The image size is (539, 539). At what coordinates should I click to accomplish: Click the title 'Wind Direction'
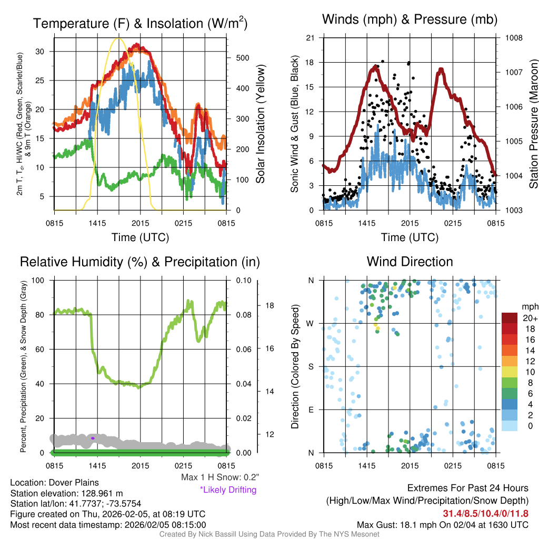point(410,262)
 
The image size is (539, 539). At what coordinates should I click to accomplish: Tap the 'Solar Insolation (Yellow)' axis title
point(261,124)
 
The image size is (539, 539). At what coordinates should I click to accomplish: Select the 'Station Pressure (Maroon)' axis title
point(533,124)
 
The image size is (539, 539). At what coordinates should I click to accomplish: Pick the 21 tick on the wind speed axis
point(311,38)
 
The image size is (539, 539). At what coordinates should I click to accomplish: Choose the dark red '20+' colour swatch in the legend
point(510,318)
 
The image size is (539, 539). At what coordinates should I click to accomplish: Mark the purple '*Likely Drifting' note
point(228,490)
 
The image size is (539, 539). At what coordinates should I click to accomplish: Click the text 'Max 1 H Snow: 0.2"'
point(220,477)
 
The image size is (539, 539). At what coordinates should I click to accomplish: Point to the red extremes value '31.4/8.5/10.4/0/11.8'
point(485,513)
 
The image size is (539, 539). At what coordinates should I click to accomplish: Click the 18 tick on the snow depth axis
point(269,305)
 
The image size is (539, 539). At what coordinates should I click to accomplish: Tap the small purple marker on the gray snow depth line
point(93,438)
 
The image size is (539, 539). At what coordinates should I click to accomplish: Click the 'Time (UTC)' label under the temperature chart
point(140,237)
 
